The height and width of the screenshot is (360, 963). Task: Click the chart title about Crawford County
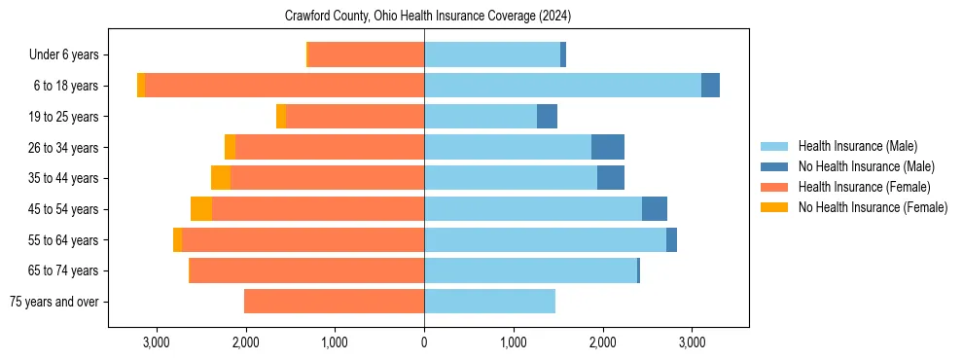coord(428,17)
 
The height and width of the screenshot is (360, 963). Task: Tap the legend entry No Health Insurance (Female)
coord(873,207)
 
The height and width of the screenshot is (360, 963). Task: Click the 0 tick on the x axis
coord(424,343)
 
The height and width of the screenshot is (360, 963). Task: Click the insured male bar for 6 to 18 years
coord(562,86)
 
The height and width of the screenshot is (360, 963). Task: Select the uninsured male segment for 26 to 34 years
coord(608,147)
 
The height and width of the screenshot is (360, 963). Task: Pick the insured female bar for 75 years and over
coord(334,302)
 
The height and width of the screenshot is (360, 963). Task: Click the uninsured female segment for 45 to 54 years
coord(201,209)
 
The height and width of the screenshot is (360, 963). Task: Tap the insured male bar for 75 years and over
coord(489,302)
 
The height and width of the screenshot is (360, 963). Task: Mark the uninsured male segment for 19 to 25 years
coord(547,117)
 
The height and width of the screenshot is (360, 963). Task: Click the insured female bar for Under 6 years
coord(366,55)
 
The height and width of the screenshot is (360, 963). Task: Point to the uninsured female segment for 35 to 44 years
coord(221,178)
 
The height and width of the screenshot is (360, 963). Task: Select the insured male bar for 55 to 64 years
coord(545,240)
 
